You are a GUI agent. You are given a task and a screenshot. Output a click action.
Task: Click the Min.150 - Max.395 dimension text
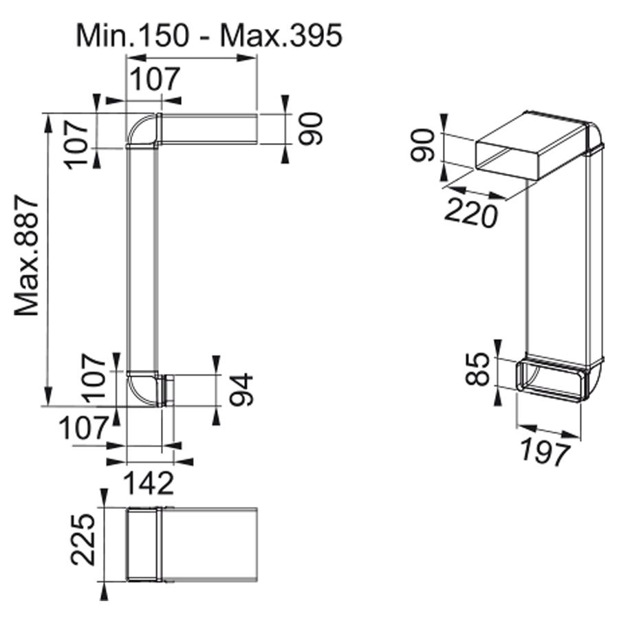click(x=209, y=36)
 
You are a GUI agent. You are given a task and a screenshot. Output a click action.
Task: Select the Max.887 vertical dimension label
click(x=26, y=255)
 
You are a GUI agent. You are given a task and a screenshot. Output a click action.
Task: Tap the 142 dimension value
click(x=149, y=483)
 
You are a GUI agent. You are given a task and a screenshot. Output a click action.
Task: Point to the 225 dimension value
click(x=83, y=539)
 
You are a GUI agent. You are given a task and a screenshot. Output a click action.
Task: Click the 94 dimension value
click(x=241, y=389)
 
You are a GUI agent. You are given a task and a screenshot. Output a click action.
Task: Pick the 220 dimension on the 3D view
click(x=471, y=213)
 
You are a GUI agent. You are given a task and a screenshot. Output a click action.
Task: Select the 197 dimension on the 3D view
click(x=545, y=452)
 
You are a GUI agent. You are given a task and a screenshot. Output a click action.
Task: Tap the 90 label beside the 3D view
click(x=422, y=145)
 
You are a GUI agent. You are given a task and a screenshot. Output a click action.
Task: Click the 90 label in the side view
click(x=311, y=129)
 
